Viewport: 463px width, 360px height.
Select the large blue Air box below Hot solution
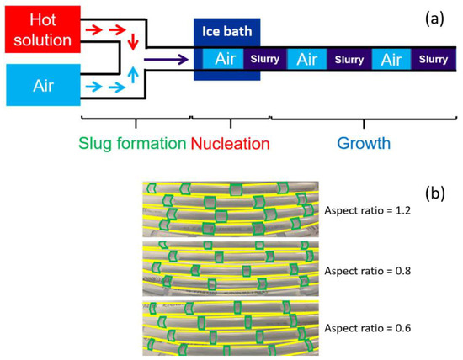coord(37,85)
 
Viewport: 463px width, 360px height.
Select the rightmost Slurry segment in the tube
coord(433,59)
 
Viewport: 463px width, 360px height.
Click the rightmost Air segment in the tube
coord(391,59)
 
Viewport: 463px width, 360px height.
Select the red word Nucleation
coord(230,143)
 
